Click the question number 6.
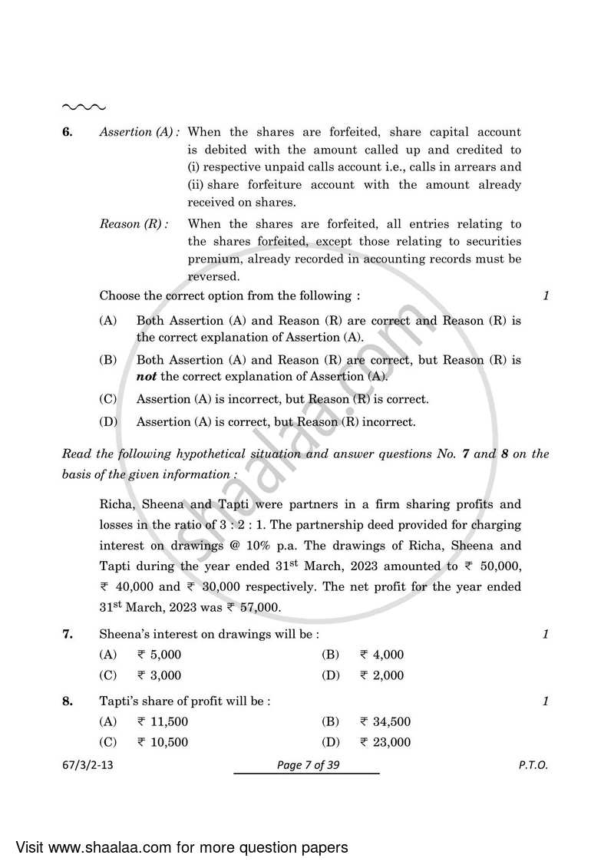(x=67, y=132)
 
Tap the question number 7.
(x=67, y=635)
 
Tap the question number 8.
(x=67, y=701)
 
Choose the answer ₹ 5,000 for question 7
(x=159, y=655)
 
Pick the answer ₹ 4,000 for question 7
(x=381, y=655)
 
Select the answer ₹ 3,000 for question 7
(x=159, y=676)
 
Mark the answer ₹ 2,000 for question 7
(x=381, y=676)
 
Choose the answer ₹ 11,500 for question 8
(x=162, y=722)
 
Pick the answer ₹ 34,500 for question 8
(x=385, y=722)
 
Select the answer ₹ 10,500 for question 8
(x=162, y=743)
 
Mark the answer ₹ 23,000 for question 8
(x=385, y=743)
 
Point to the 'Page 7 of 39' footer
(x=306, y=766)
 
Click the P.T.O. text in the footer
(x=533, y=766)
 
